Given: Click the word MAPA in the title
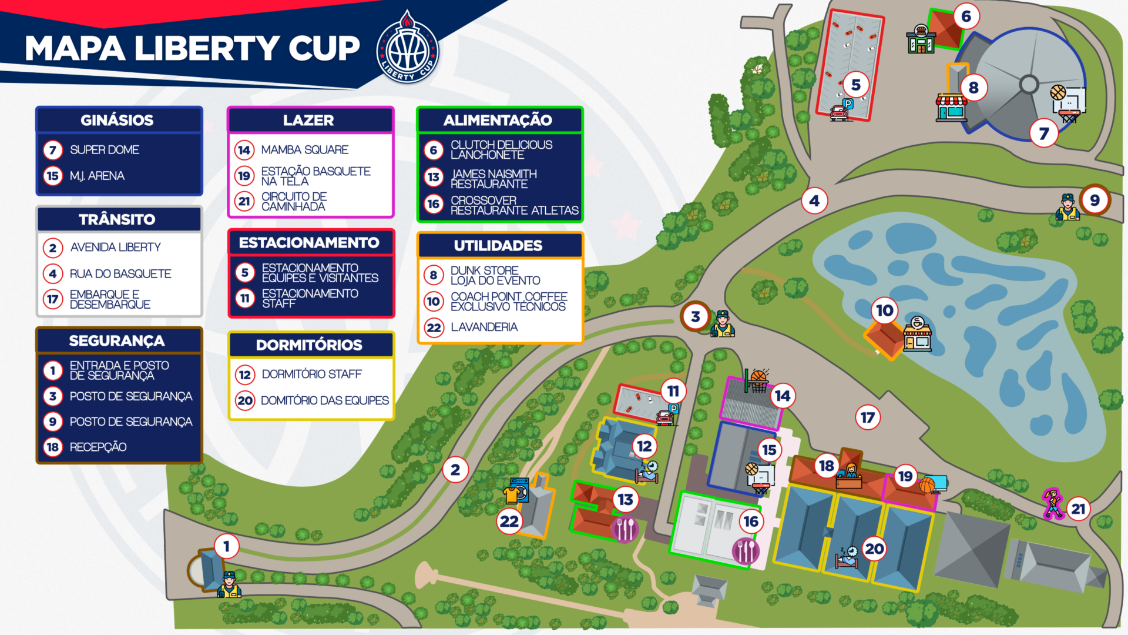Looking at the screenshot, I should pos(75,48).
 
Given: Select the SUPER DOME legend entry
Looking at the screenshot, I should pos(105,150).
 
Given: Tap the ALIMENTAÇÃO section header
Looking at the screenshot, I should pos(498,121).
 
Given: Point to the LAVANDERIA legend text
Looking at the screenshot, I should pos(484,327).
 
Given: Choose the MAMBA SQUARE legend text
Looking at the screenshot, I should pos(305,150).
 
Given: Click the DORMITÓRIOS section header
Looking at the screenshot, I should pos(309,345).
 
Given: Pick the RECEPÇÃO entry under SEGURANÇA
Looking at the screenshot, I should pos(98,447).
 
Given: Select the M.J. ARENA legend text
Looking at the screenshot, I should pos(97,176).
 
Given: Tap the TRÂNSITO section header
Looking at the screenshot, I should pos(117,220).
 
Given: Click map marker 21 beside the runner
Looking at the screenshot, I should pos(1078,509).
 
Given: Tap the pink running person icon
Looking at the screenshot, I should pos(1053,503).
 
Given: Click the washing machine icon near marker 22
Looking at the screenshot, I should pos(520,490).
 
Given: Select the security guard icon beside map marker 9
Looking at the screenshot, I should pos(1067,207).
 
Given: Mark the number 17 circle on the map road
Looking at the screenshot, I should pos(868,417).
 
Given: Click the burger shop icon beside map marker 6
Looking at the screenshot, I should pos(921,39).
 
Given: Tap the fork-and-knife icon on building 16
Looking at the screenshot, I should pos(746,551).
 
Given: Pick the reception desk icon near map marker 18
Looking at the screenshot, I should pos(850,476).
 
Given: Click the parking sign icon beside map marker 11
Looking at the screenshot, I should pos(674,410).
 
